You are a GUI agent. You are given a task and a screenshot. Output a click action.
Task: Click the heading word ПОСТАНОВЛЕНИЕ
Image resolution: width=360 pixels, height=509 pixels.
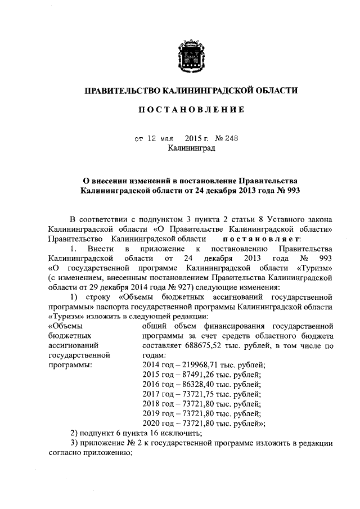(191, 110)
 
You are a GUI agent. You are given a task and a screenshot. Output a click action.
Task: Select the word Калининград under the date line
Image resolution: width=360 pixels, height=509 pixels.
(191, 148)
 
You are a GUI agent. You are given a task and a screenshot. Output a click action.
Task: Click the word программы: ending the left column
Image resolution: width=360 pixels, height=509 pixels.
(70, 366)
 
